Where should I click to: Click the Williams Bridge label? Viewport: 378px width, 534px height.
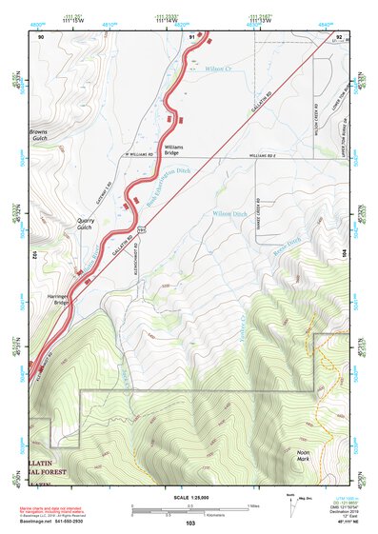tap(173, 150)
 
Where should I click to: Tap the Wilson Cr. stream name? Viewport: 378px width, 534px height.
tap(219, 69)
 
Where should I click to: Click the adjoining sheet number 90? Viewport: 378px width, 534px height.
tap(41, 36)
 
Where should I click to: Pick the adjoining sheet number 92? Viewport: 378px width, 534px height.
tap(339, 36)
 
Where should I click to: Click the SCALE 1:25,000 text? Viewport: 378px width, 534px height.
tap(190, 497)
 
